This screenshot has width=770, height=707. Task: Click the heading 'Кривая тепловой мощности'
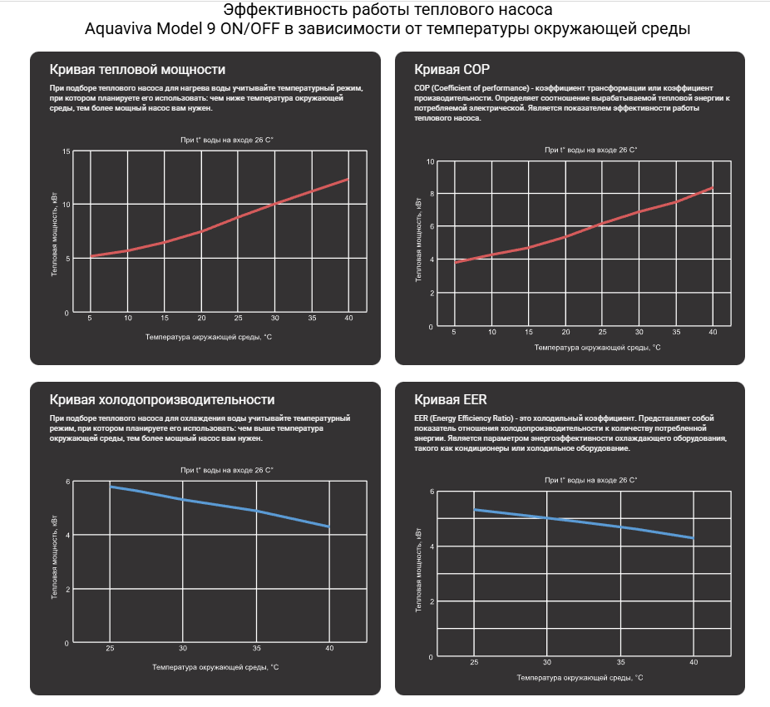pos(137,70)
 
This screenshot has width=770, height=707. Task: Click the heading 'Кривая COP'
pos(446,70)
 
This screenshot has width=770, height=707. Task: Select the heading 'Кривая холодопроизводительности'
pos(161,400)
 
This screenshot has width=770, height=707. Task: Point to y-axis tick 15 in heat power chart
pos(66,151)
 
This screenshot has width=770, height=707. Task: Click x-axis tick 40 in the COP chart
pos(713,332)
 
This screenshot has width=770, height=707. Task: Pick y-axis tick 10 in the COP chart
pos(431,161)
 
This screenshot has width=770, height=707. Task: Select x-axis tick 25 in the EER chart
pos(474,662)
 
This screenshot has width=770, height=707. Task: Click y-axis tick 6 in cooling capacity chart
pos(67,482)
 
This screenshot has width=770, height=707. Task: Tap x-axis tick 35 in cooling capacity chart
pos(256,649)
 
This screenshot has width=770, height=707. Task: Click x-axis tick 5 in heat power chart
pos(91,318)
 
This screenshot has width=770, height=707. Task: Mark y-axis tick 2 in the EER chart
pos(431,601)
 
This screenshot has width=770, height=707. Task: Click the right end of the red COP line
pos(713,188)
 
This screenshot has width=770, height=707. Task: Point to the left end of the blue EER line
pos(474,509)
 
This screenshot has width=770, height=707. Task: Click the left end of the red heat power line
pos(91,256)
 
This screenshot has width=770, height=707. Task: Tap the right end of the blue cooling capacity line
pos(329,527)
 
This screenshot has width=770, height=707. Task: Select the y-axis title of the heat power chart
pos(55,232)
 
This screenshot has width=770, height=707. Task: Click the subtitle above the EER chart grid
pos(590,480)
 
